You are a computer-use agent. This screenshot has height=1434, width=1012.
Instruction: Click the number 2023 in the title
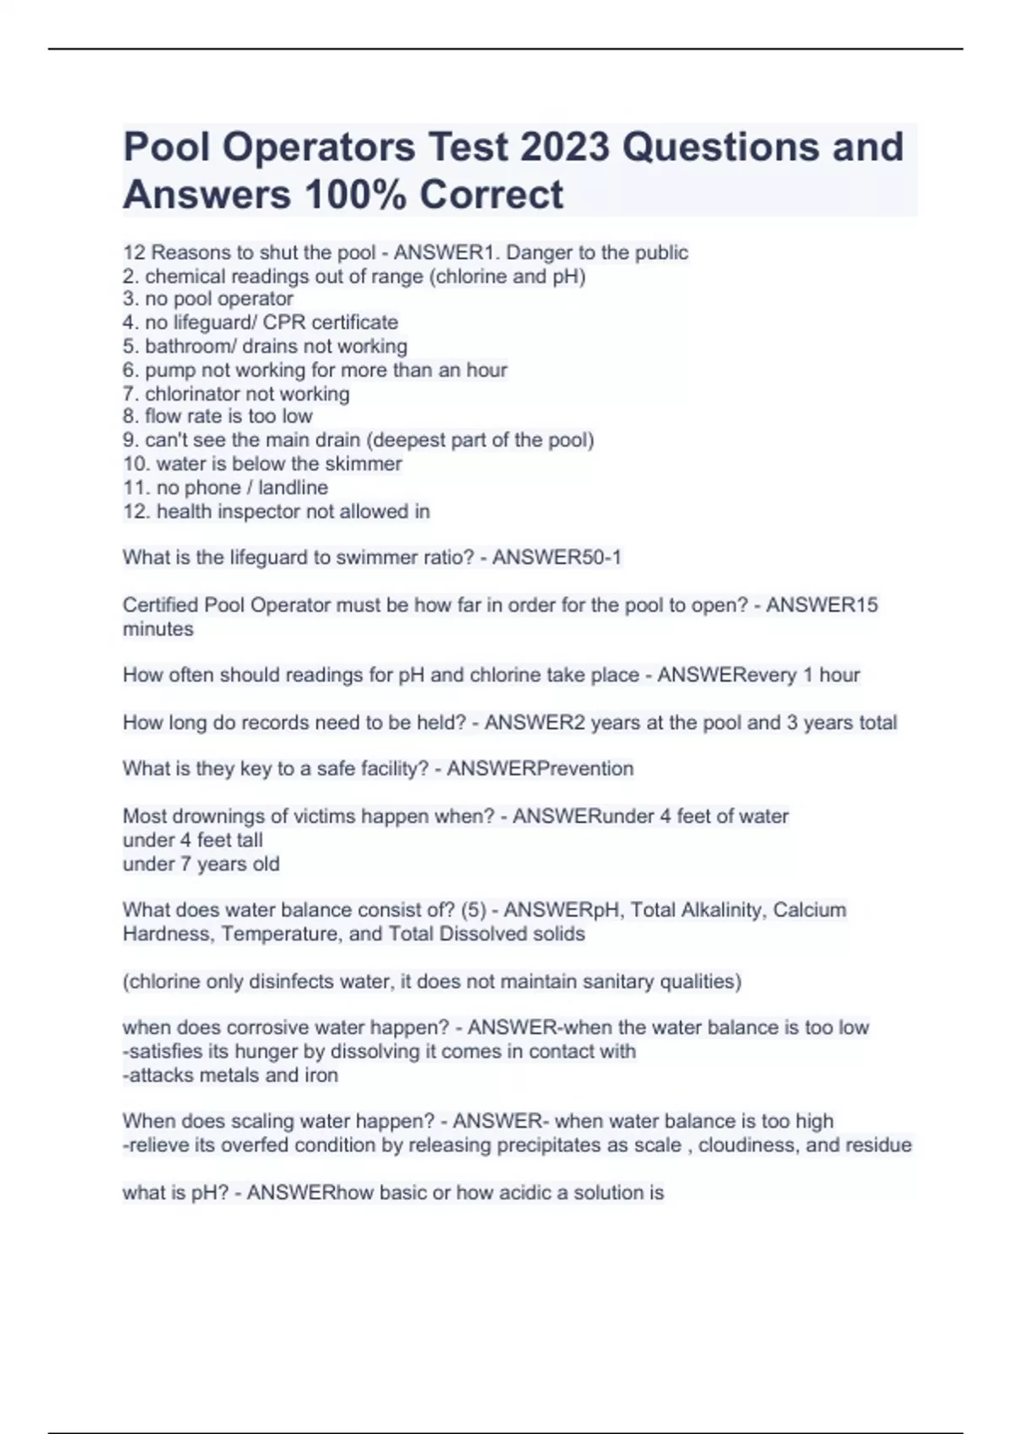click(x=564, y=147)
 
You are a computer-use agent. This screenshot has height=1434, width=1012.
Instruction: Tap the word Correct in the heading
click(x=492, y=195)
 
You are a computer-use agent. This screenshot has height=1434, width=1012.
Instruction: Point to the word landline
click(x=293, y=488)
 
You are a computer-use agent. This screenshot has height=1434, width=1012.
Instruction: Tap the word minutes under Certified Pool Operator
click(x=158, y=629)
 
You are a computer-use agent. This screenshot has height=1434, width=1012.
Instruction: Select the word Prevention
click(x=585, y=769)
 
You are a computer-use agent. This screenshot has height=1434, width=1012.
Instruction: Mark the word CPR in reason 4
click(x=284, y=322)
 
